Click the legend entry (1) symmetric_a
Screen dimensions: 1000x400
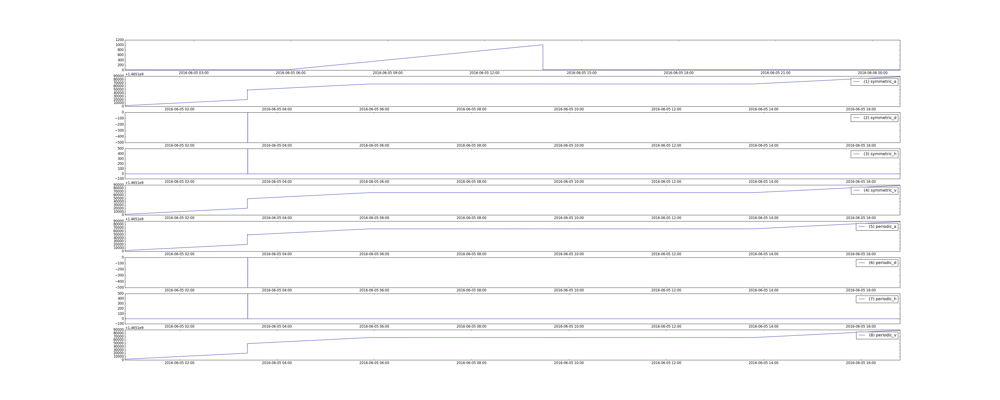(x=874, y=82)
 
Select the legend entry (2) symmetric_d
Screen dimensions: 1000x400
(x=874, y=118)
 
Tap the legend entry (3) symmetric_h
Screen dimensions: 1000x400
(x=874, y=154)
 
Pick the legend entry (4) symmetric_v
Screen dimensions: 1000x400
(x=874, y=190)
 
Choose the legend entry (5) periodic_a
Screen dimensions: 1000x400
(x=877, y=226)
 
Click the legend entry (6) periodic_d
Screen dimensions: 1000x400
(x=877, y=263)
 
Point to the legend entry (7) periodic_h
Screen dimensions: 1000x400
(x=877, y=299)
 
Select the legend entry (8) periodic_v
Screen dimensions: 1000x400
(x=877, y=335)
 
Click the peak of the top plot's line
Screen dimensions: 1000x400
(x=543, y=45)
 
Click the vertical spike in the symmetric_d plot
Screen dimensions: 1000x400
(x=248, y=127)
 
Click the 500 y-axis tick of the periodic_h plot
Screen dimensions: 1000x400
(x=120, y=294)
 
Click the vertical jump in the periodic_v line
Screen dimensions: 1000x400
(x=247, y=348)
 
